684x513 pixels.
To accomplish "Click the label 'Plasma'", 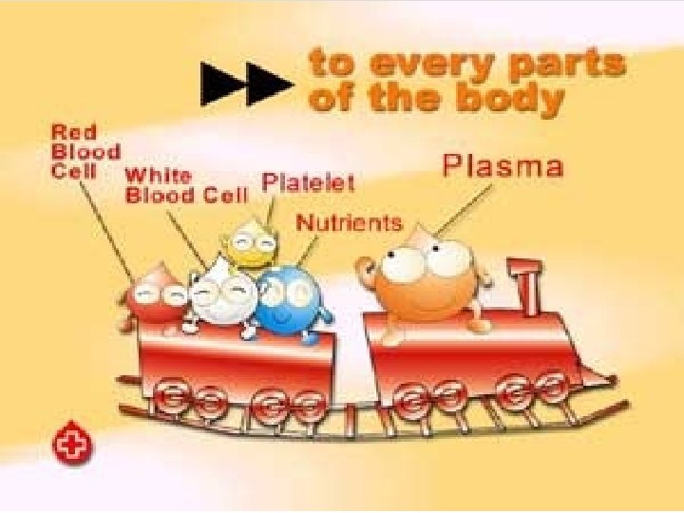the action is pos(503,167).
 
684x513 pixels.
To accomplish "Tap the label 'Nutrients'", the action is pos(349,223).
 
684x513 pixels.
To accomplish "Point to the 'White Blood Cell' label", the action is pos(185,186).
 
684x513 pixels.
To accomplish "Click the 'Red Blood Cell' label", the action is pos(85,152).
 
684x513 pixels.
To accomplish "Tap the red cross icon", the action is pos(71,445).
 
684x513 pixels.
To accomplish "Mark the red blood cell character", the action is pos(157,298).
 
